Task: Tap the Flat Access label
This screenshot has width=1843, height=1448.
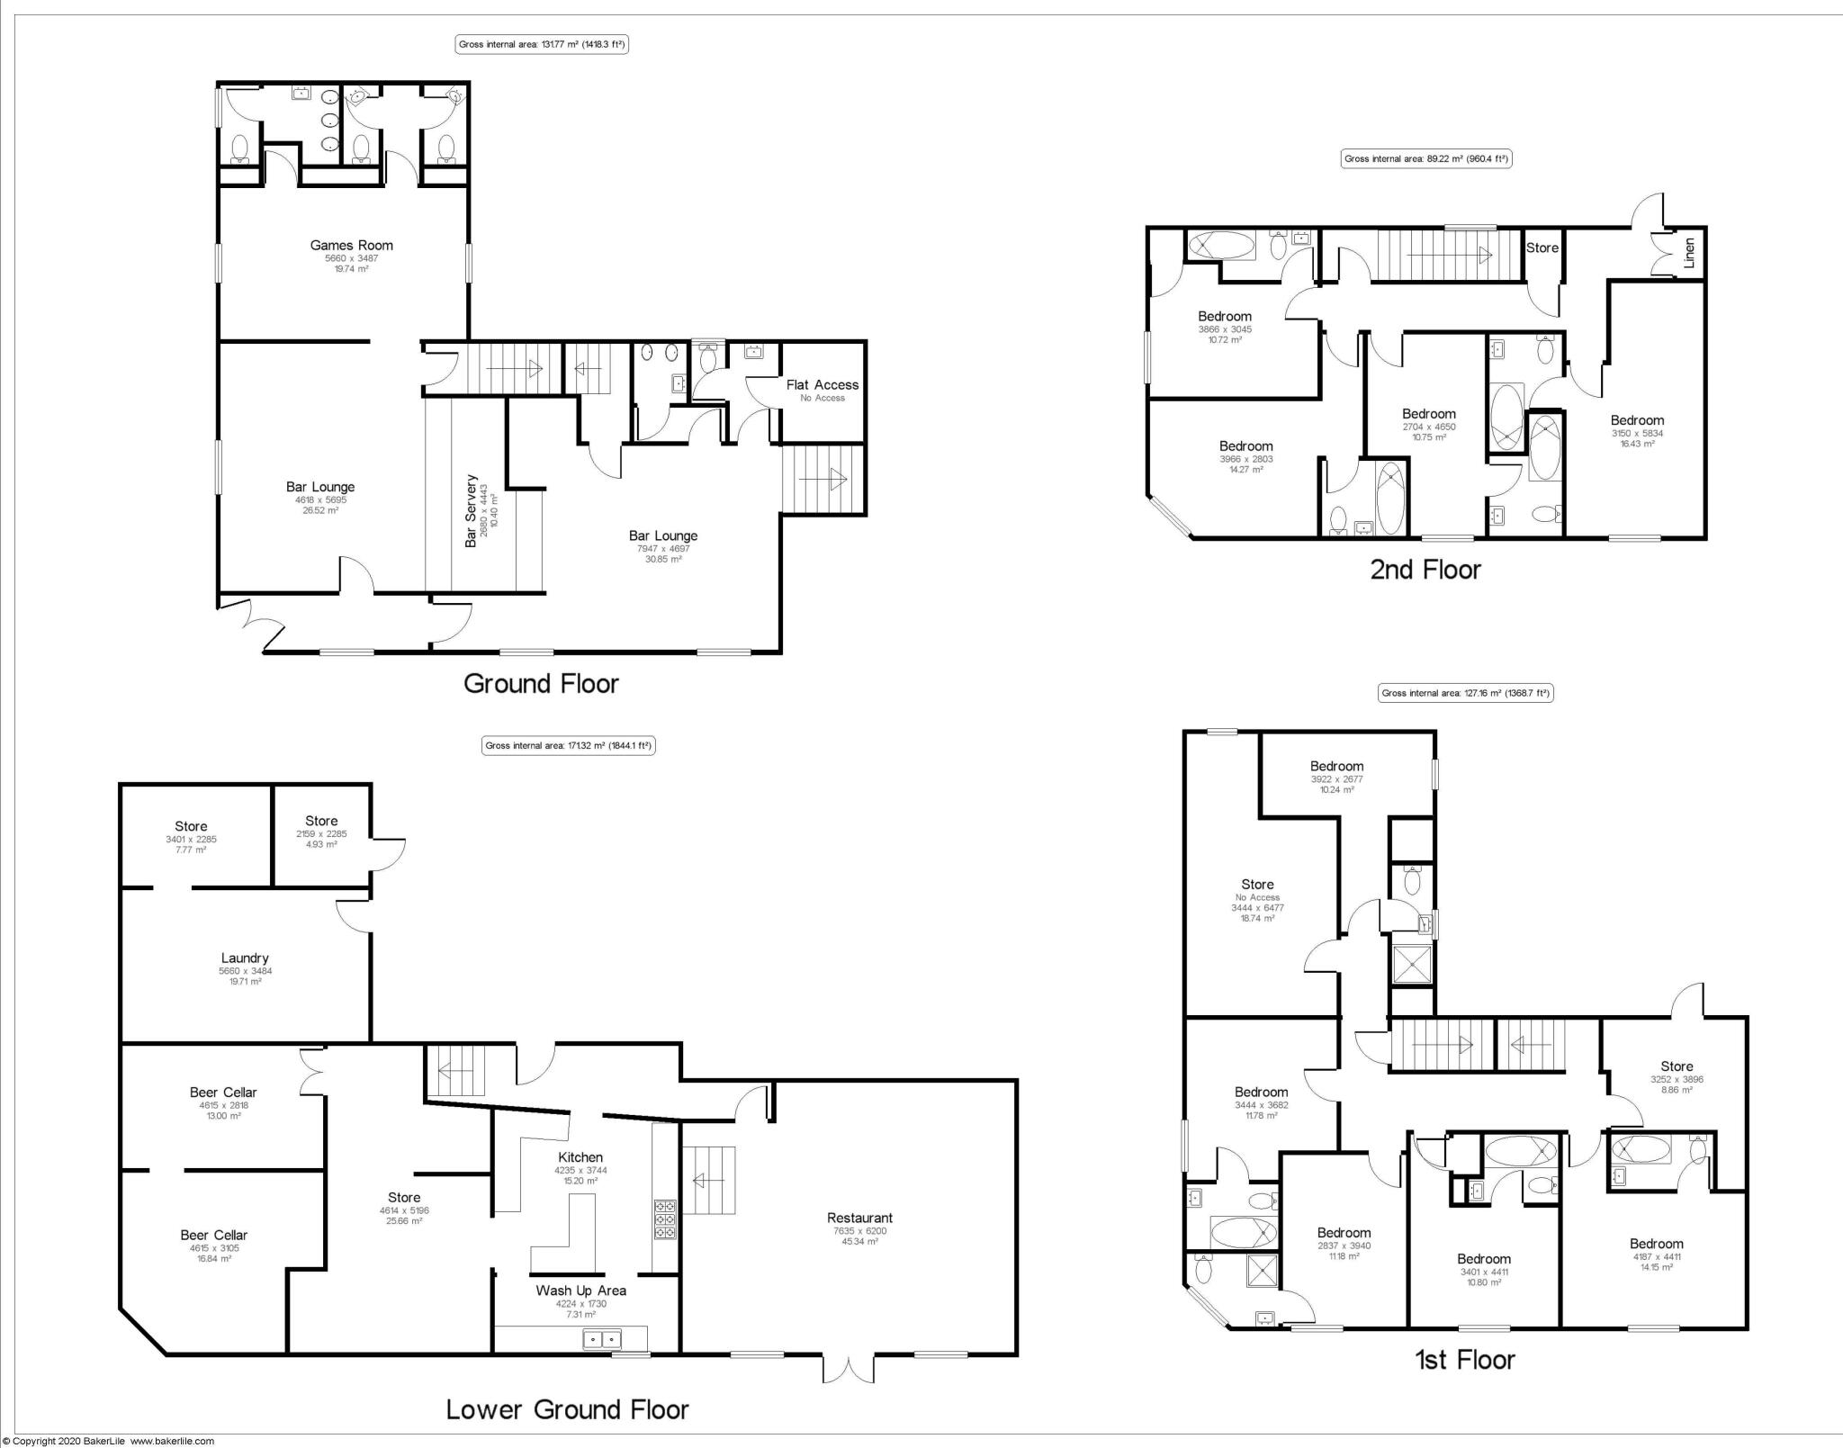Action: point(822,384)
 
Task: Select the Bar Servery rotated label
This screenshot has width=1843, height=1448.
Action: point(471,511)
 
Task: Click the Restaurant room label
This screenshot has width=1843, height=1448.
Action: point(859,1218)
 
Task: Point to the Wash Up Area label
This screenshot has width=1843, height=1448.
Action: point(580,1290)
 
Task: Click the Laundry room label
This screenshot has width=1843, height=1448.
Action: point(245,958)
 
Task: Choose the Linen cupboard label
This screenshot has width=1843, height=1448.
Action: point(1688,253)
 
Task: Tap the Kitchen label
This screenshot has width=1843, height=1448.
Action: point(580,1157)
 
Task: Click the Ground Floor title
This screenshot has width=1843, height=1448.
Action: point(541,683)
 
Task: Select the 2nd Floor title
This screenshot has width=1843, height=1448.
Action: point(1425,570)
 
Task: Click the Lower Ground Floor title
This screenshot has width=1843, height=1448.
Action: point(567,1408)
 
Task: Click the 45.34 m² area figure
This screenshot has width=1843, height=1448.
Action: point(859,1241)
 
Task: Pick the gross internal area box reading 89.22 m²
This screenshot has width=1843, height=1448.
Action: point(1426,159)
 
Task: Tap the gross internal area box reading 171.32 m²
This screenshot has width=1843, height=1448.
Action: point(568,745)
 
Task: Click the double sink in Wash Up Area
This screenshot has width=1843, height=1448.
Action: point(602,1339)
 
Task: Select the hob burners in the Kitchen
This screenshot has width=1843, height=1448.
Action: point(664,1219)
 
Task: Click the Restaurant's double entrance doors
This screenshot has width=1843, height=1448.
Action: point(849,1369)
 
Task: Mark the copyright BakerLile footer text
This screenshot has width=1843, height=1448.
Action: point(108,1441)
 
